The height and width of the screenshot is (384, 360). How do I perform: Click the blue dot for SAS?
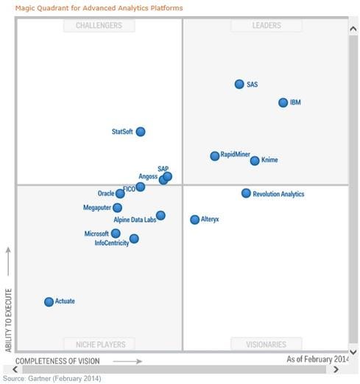coord(239,85)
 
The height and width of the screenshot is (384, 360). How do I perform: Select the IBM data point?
coord(283,102)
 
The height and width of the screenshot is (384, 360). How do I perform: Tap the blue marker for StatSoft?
coord(141,132)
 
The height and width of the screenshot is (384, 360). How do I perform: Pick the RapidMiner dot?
coord(215,156)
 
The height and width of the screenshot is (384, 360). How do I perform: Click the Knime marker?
coord(255,161)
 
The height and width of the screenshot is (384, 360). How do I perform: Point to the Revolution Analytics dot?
coord(246,193)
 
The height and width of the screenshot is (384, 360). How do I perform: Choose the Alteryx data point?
coord(194,220)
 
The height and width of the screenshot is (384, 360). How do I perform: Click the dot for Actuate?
coord(49,301)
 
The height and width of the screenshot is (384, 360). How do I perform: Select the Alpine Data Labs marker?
coord(160,215)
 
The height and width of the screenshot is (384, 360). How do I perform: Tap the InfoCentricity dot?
coord(134,239)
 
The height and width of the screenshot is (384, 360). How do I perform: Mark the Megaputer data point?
coord(118,208)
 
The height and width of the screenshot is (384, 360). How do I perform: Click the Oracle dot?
coord(120,194)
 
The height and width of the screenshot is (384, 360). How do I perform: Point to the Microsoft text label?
coord(96,234)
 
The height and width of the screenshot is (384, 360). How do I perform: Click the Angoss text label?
coord(148,177)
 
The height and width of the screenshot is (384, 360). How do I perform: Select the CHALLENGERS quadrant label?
coord(99,26)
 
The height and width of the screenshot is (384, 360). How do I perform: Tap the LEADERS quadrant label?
coord(267,26)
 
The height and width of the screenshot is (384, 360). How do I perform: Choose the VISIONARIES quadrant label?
coord(267,344)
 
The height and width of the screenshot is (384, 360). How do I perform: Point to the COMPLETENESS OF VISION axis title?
coord(57,361)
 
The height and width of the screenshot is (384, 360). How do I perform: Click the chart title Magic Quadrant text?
coord(99,8)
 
